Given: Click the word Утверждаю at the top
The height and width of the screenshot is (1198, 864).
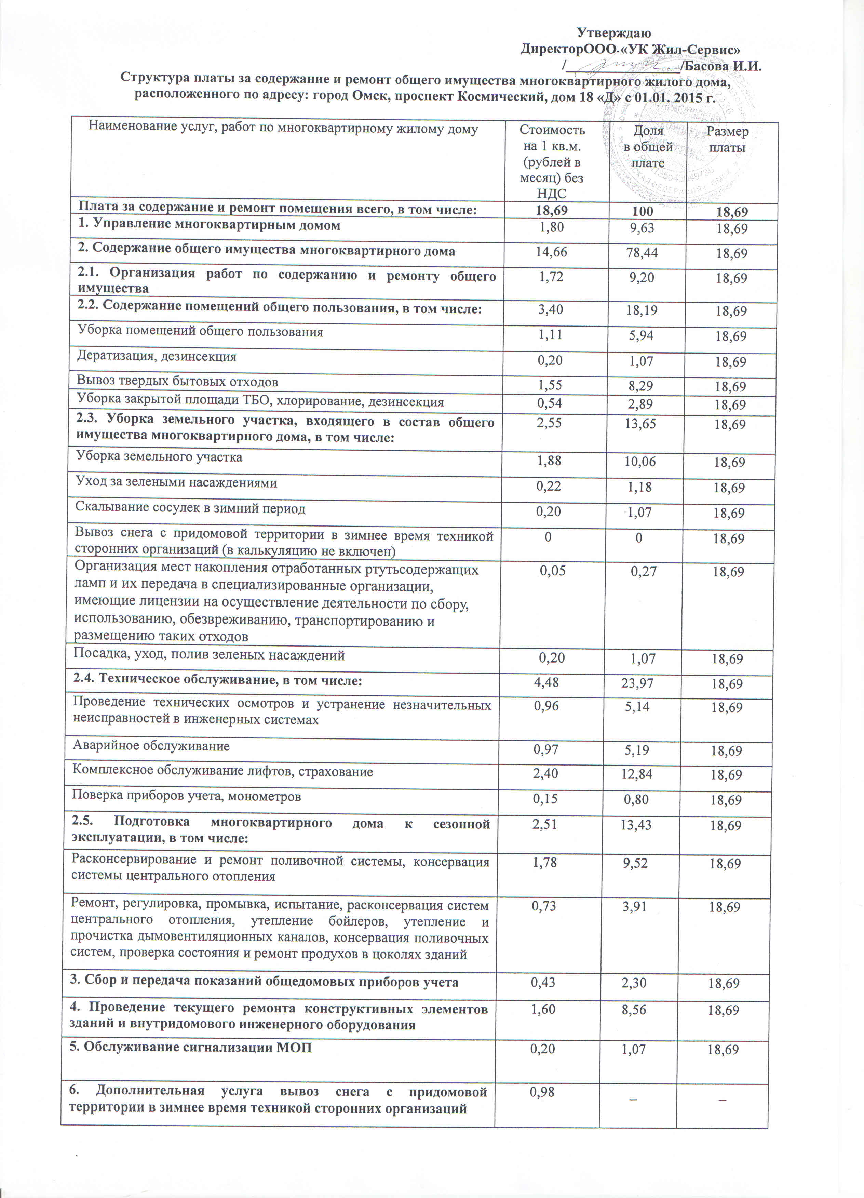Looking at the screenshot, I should coord(613,33).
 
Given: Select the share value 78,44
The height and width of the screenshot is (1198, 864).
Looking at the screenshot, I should coord(642,252).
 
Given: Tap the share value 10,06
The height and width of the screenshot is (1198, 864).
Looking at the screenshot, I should coord(639,462).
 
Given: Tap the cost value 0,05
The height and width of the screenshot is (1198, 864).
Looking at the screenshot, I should coord(552,571).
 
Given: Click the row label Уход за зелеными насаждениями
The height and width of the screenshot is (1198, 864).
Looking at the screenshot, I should coord(176,483).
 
